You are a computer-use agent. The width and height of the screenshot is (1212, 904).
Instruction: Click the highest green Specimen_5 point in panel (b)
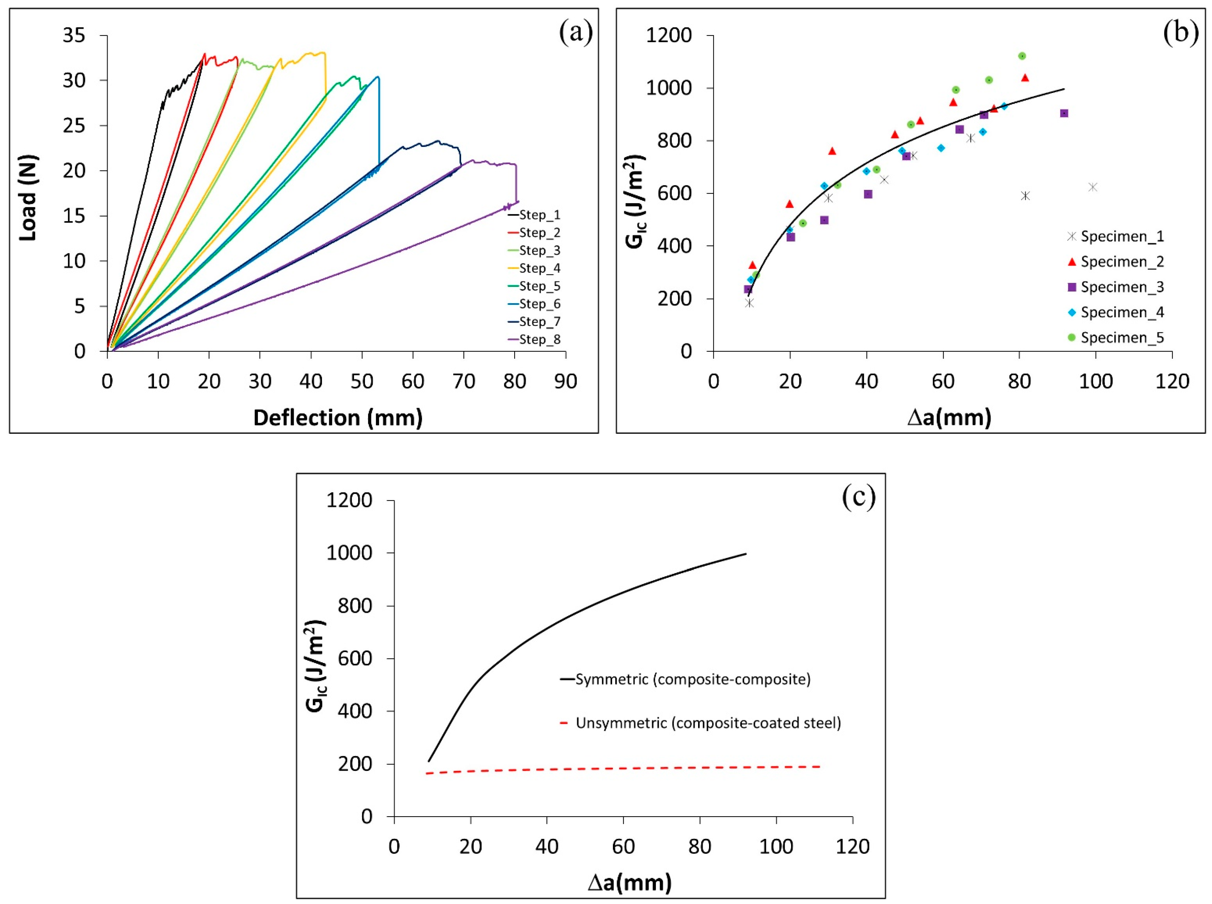[x=1021, y=56]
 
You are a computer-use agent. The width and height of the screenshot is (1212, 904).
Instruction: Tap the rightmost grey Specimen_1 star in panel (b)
[x=1093, y=187]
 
